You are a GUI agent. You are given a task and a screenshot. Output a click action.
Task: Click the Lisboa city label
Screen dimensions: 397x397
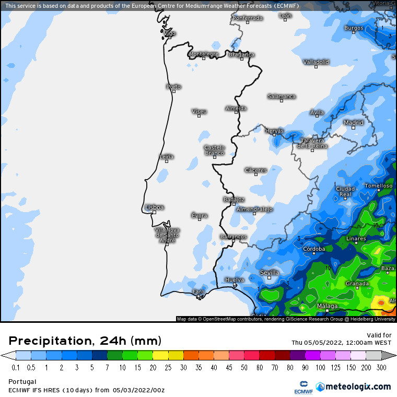click(155, 207)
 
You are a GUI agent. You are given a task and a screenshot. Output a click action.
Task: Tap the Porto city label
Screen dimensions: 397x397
click(173, 87)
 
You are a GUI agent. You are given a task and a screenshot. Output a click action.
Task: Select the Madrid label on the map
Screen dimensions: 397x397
click(354, 123)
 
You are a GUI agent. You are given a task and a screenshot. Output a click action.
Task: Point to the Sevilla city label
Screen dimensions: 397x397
click(270, 273)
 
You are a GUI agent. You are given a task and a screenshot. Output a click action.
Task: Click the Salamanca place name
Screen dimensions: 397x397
click(282, 97)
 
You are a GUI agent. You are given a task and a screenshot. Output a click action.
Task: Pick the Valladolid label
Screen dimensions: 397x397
click(316, 62)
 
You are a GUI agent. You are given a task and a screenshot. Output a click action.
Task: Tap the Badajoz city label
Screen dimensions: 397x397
click(233, 199)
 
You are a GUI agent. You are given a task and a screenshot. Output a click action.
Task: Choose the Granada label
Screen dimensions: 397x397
click(357, 284)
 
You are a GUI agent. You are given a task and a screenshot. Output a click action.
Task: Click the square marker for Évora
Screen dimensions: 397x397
click(200, 220)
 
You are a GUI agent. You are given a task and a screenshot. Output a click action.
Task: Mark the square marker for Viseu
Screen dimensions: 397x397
click(199, 116)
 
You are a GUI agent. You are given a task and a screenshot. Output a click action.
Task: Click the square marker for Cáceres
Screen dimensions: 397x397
click(256, 174)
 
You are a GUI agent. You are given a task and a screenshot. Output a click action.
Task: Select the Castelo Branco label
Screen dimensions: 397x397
click(214, 150)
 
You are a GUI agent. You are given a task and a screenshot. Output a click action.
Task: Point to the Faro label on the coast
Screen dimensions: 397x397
click(198, 291)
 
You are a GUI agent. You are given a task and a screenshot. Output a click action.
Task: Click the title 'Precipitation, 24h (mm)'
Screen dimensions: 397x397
click(85, 341)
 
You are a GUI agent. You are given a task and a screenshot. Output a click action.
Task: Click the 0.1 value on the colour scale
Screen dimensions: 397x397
click(16, 367)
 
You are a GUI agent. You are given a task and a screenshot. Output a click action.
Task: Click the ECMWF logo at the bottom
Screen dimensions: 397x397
click(302, 387)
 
